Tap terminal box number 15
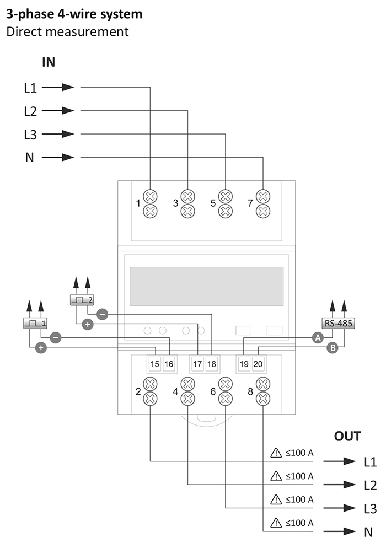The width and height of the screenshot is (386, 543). click(155, 364)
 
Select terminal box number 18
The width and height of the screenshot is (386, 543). click(212, 364)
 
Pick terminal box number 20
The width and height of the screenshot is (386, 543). click(258, 364)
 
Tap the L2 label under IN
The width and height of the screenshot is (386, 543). click(31, 111)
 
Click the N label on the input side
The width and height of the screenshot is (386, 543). click(30, 158)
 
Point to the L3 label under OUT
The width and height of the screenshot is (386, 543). click(370, 508)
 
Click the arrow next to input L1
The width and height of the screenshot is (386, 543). click(58, 87)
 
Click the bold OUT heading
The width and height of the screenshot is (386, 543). click(347, 436)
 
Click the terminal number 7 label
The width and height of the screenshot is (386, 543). click(250, 203)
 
